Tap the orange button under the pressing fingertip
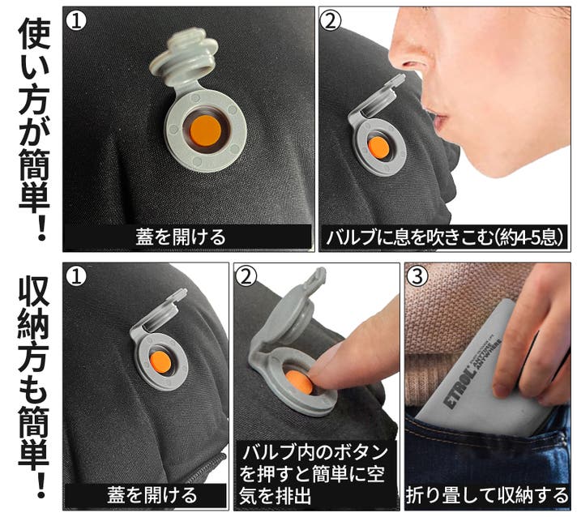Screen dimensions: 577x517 pos(298,381)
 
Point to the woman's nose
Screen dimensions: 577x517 pos(409,52)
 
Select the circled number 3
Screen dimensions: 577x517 pos(417,276)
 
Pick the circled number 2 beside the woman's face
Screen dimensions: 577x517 pos(331,20)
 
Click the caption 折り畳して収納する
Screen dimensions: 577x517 pos(487,495)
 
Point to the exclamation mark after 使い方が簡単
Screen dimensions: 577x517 pos(41,229)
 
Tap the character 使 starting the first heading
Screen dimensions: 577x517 pos(34,35)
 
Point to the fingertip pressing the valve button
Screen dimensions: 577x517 pos(324,372)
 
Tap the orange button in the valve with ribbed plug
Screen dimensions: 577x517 pos(205,130)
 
